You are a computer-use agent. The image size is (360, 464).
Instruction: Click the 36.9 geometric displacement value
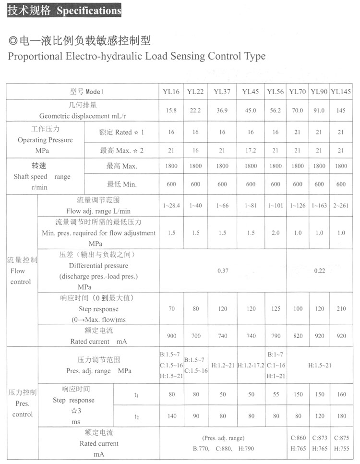(222, 110)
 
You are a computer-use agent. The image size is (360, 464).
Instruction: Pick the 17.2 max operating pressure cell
(251, 150)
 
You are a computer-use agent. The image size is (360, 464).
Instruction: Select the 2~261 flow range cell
(341, 206)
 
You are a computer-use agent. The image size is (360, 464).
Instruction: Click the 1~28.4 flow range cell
(171, 206)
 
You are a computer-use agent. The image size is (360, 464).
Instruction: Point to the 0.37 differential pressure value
(223, 271)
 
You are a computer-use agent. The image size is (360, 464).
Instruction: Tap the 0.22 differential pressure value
(320, 271)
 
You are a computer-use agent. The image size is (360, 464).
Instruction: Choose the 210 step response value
(341, 309)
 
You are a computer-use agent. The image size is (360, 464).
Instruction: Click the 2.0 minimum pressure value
(276, 232)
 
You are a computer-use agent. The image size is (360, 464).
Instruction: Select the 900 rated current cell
(171, 336)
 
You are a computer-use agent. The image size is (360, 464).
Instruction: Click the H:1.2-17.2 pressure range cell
(251, 366)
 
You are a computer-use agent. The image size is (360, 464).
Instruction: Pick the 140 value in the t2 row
(171, 416)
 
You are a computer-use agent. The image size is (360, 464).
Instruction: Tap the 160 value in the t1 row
(341, 395)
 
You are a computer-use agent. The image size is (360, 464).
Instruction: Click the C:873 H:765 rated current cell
(320, 443)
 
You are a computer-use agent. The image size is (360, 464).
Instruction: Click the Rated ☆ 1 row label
(121, 132)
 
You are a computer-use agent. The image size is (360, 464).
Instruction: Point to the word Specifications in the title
(89, 11)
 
